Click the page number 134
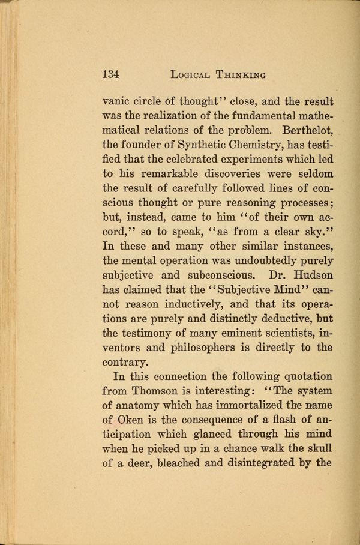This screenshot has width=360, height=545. tap(111, 74)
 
